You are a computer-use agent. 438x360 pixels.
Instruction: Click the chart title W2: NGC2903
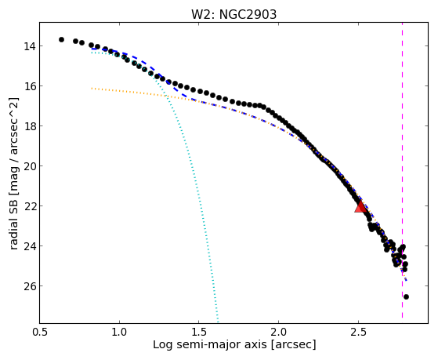(x=233, y=14)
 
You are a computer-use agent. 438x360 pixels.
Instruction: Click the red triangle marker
(x=360, y=207)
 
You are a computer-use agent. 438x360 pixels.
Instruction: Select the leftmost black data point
(x=61, y=40)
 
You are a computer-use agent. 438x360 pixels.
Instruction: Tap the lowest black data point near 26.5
(x=406, y=296)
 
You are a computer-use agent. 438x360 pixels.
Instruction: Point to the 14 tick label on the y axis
(x=29, y=46)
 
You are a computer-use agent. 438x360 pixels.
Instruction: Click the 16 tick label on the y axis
(x=29, y=86)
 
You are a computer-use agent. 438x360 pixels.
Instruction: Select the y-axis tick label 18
(x=29, y=126)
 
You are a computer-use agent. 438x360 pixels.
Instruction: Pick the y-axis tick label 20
(x=29, y=166)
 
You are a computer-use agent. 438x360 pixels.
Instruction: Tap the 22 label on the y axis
(x=29, y=206)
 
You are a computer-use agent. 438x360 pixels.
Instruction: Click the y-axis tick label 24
(x=29, y=246)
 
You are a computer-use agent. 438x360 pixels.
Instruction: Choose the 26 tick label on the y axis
(x=29, y=286)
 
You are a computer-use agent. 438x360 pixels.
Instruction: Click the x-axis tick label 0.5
(x=40, y=332)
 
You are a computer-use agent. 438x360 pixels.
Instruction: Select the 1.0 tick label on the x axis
(x=119, y=332)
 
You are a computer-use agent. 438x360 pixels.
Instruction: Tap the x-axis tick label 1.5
(x=199, y=332)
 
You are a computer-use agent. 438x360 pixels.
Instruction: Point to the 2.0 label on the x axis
(x=278, y=332)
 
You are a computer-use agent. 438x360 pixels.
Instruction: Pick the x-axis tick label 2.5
(x=358, y=332)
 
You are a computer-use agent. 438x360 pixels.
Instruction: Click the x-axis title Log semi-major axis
(x=210, y=344)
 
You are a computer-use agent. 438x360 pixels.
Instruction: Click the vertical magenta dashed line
(x=402, y=170)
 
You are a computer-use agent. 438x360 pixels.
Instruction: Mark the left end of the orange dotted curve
(x=92, y=89)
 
